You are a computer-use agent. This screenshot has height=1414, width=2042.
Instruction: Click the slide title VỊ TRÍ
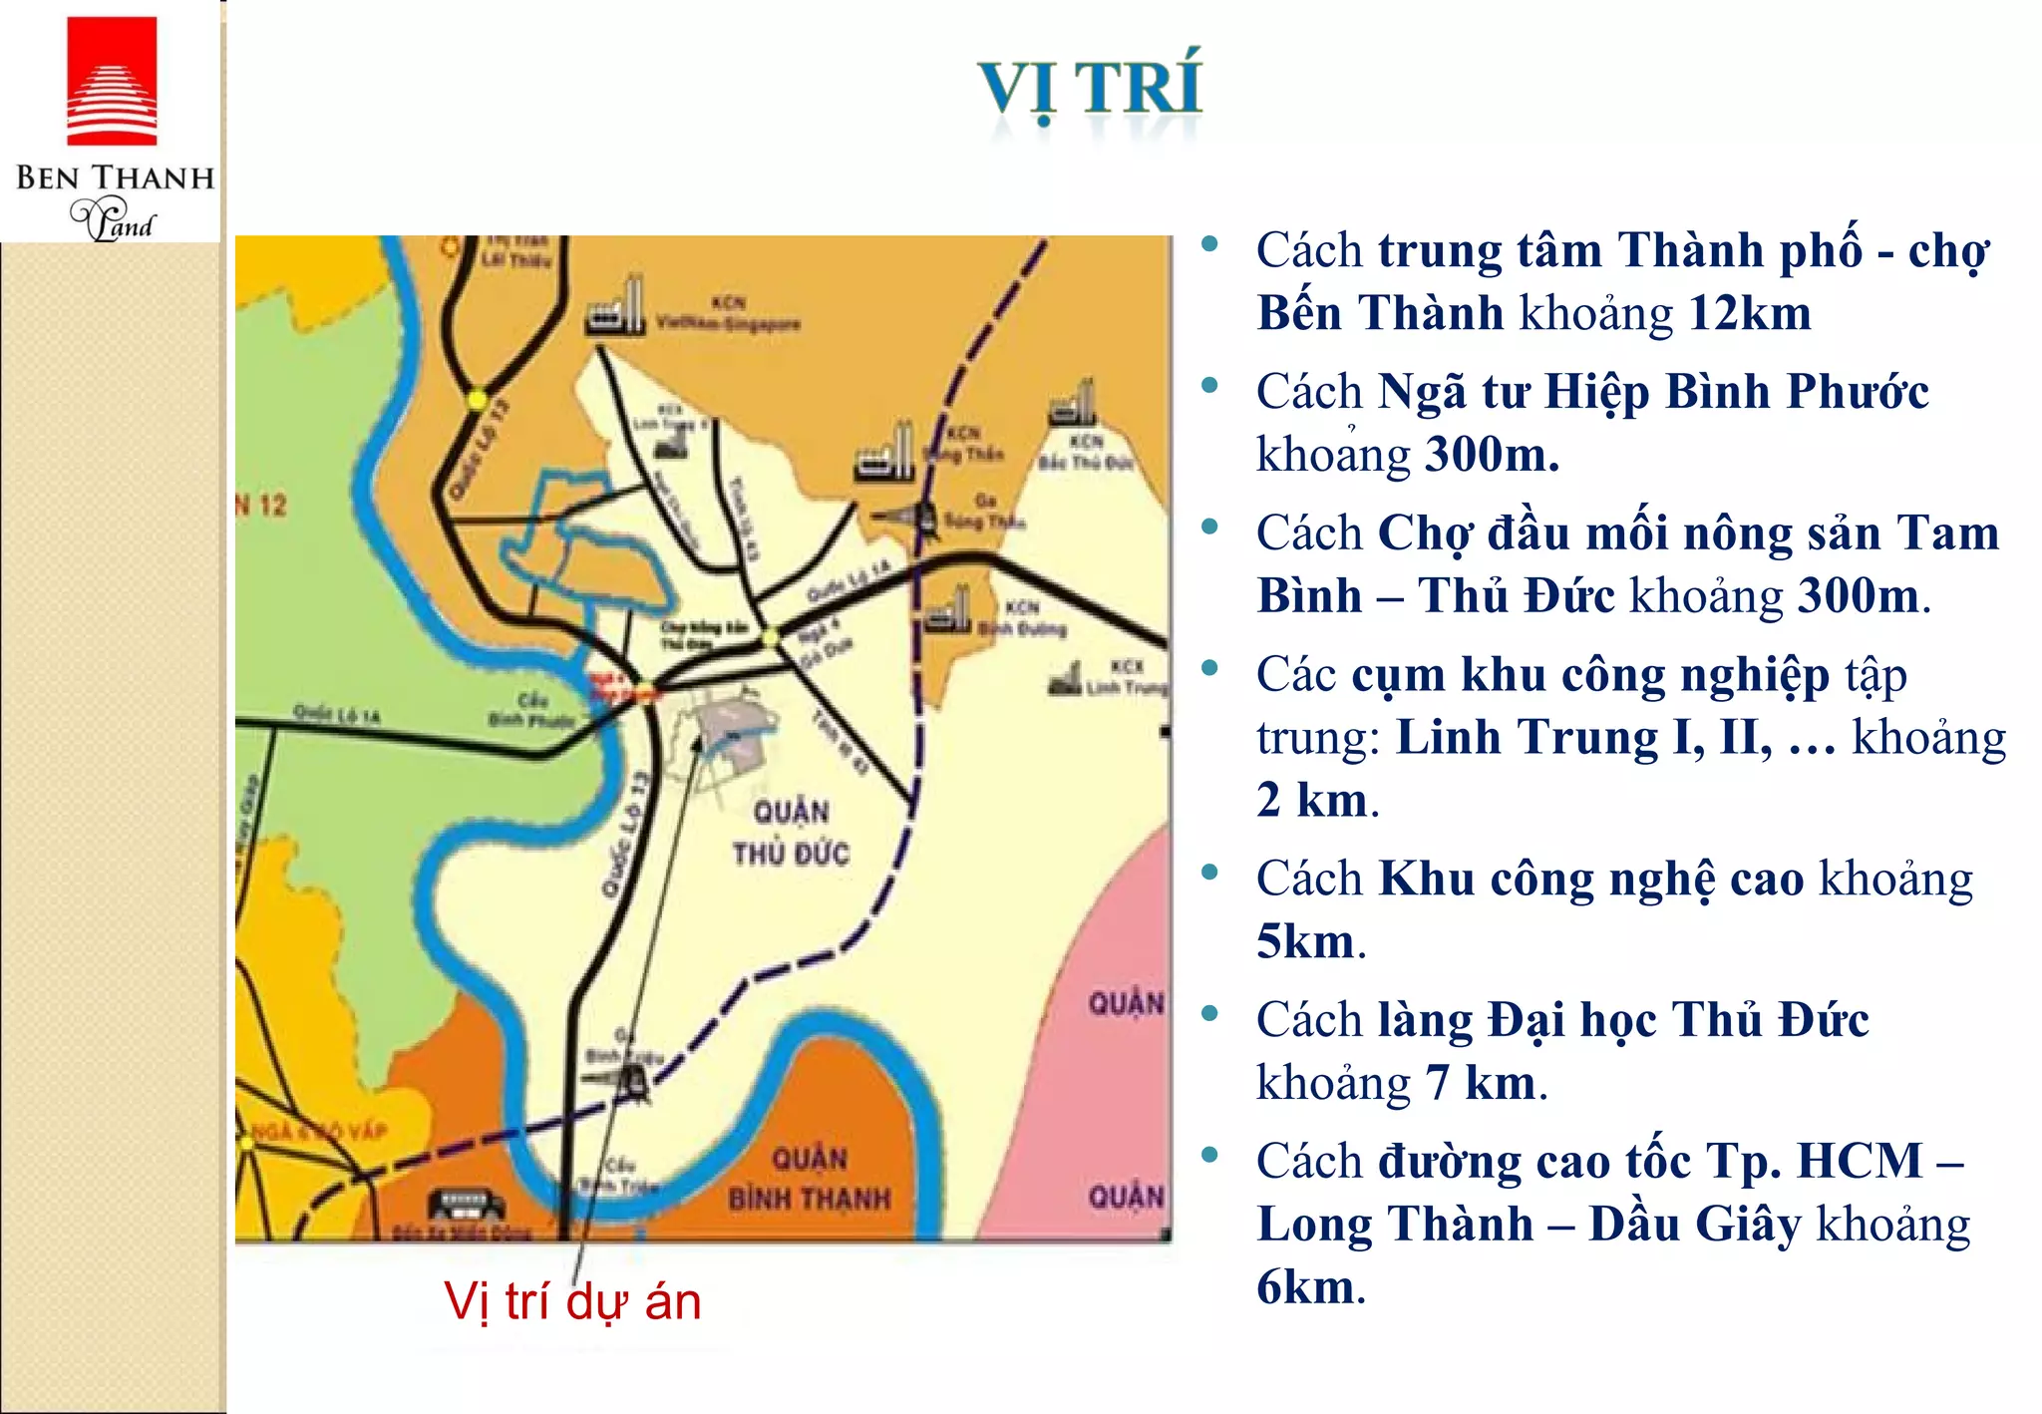(x=1090, y=88)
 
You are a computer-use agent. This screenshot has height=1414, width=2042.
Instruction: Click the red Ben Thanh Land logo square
(x=112, y=80)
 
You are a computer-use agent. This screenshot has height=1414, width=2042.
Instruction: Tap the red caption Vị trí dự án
(x=572, y=1301)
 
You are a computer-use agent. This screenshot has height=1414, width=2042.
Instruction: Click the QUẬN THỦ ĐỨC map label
(x=791, y=833)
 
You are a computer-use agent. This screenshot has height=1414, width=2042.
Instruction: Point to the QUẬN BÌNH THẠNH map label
(x=810, y=1179)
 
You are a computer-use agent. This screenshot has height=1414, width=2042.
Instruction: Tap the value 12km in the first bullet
(x=1750, y=313)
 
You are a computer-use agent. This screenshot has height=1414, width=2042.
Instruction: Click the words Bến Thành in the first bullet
(x=1380, y=313)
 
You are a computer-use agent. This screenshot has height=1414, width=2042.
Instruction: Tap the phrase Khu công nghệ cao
(x=1591, y=880)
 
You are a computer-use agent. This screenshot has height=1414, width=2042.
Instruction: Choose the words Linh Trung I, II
(x=1584, y=738)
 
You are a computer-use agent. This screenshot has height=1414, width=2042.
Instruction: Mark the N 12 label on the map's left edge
(x=261, y=506)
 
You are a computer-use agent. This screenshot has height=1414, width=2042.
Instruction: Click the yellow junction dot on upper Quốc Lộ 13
(x=478, y=400)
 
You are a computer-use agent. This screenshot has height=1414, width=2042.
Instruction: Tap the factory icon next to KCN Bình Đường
(x=947, y=610)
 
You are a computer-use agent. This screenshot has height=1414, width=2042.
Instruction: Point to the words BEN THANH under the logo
(x=115, y=178)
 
